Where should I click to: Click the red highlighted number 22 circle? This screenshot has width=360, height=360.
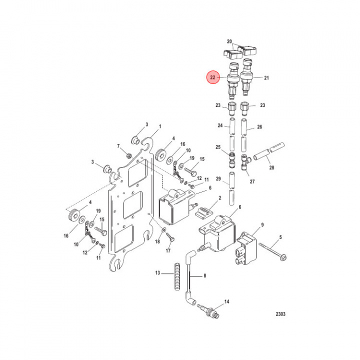click(213, 77)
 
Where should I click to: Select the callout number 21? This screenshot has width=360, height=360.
click(266, 78)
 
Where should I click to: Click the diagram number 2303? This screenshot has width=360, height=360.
click(281, 315)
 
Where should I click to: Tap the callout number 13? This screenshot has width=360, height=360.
click(157, 273)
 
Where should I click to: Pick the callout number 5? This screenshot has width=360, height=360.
click(280, 237)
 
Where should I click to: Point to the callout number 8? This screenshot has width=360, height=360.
click(204, 276)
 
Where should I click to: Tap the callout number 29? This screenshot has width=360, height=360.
click(218, 178)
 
